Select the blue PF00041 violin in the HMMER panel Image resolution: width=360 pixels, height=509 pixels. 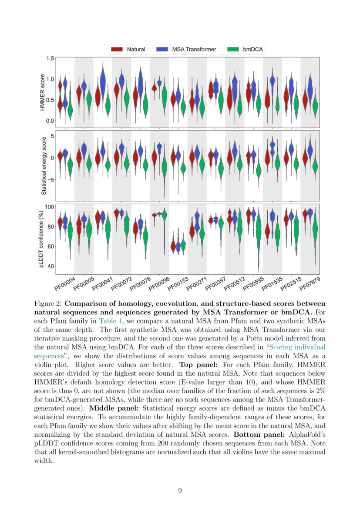click(103, 81)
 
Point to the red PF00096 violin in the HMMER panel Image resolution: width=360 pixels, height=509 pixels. click(154, 88)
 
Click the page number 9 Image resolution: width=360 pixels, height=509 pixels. click(180, 491)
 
